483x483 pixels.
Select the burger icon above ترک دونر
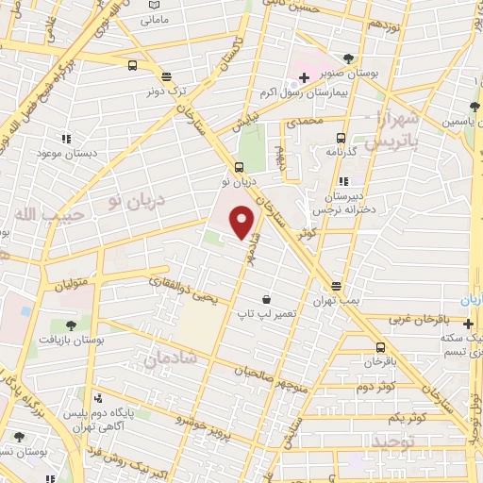(167, 78)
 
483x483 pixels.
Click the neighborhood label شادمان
(171, 358)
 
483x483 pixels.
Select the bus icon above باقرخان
(381, 346)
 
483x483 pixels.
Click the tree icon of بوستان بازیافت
(71, 324)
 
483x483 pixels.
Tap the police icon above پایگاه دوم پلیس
(98, 400)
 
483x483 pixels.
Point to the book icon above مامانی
(153, 5)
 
